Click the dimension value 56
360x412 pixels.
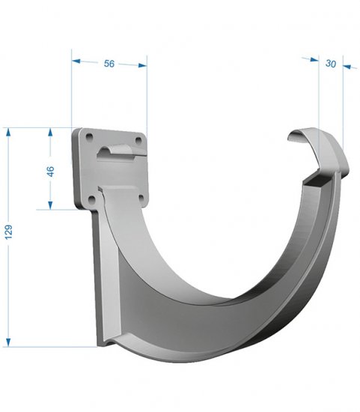(109, 64)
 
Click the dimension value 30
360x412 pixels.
(331, 64)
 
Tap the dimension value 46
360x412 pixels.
(50, 172)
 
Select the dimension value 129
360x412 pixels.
(9, 232)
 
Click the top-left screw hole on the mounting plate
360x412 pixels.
(90, 137)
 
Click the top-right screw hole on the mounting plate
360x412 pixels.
(138, 141)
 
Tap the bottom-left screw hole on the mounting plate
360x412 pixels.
(92, 200)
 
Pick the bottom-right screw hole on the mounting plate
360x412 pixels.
(141, 198)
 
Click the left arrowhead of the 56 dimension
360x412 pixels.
(76, 61)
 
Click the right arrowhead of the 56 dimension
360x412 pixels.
(143, 65)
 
